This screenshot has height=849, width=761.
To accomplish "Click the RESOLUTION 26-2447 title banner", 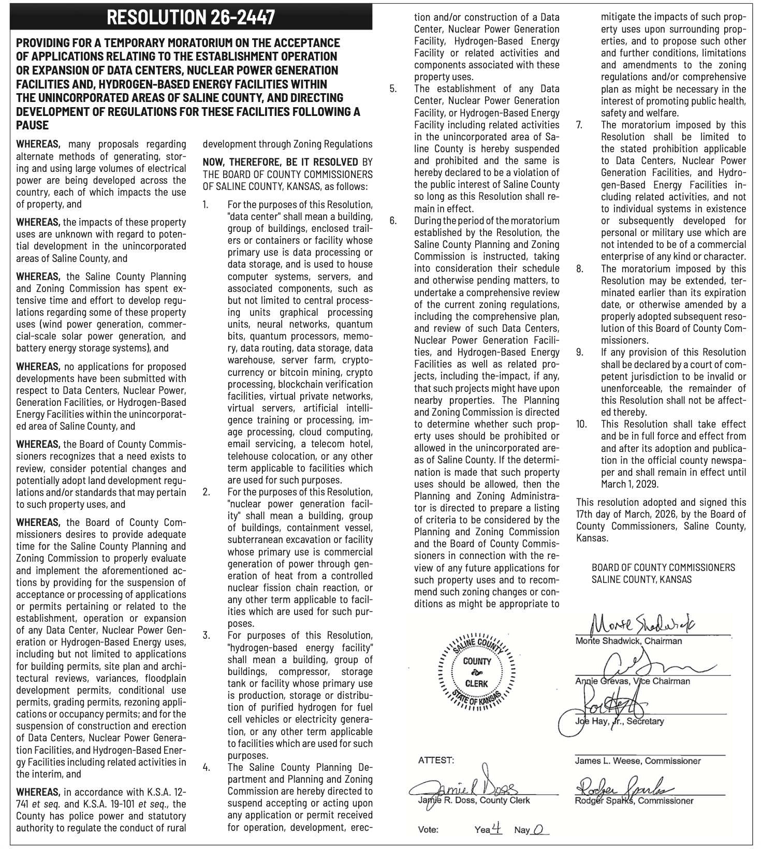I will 191,17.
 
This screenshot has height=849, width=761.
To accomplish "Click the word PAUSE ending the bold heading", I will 33,125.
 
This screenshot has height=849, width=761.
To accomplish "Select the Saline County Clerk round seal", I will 477,672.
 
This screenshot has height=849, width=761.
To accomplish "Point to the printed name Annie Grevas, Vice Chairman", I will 633,681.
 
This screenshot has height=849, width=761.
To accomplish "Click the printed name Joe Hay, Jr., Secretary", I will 619,721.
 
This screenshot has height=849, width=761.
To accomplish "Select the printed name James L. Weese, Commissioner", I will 637,761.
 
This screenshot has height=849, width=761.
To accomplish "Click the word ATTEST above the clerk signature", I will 436,760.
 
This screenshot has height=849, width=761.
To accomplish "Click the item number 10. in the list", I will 581,424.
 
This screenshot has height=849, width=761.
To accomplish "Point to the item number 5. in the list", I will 393,89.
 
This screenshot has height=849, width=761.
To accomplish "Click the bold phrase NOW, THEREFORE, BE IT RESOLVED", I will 280,162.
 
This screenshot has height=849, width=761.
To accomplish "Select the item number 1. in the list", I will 206,204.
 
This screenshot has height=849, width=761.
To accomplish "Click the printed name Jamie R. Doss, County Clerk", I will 474,800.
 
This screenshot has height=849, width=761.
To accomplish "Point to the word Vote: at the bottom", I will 428,830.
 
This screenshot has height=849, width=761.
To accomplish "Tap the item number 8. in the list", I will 580,269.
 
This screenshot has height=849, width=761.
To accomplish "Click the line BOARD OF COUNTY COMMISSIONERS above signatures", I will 663,567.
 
